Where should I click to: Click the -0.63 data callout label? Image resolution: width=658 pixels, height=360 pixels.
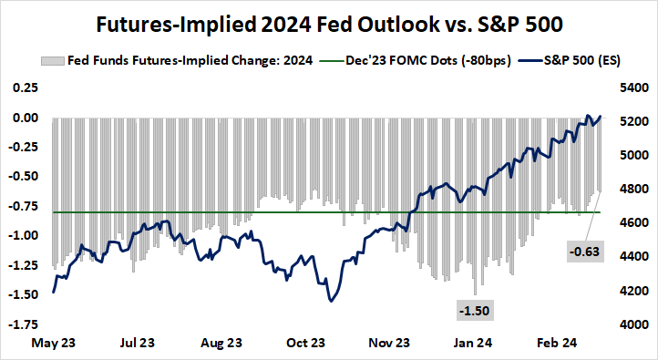[x=585, y=251]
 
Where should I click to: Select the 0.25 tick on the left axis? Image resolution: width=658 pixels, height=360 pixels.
[x=25, y=87]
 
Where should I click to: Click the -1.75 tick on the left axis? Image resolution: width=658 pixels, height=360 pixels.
[x=23, y=324]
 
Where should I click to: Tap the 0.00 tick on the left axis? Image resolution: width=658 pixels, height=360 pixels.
[x=25, y=118]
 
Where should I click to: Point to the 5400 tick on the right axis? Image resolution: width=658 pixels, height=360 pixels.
[x=630, y=87]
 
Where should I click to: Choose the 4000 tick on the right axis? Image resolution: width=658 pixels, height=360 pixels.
[x=630, y=324]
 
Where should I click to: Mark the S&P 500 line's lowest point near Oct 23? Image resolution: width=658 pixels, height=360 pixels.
[x=329, y=301]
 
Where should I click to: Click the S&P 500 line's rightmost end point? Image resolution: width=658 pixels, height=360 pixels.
[x=601, y=116]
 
